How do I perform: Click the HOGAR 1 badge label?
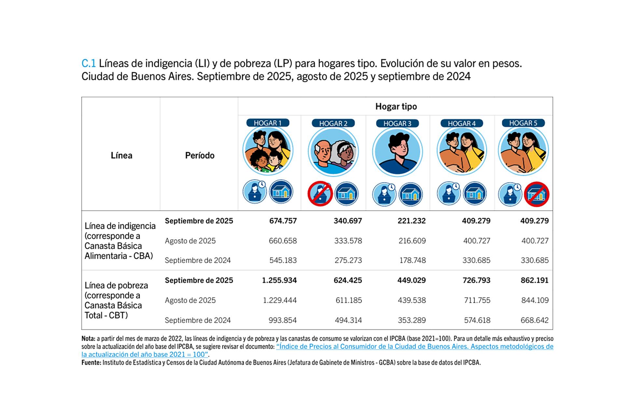pyautogui.click(x=268, y=123)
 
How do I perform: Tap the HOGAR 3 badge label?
pyautogui.click(x=397, y=123)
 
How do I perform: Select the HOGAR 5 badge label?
pyautogui.click(x=523, y=123)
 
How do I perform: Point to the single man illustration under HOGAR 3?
pyautogui.click(x=397, y=152)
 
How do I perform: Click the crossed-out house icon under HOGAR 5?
pyautogui.click(x=536, y=194)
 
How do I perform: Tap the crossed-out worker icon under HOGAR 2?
pyautogui.click(x=320, y=194)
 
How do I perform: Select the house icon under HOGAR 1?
pyautogui.click(x=281, y=192)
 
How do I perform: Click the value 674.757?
pyautogui.click(x=283, y=221)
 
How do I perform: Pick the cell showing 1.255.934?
pyautogui.click(x=279, y=280)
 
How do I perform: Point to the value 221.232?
pyautogui.click(x=411, y=221)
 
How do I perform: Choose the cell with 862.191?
pyautogui.click(x=534, y=280)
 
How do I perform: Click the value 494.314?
pyautogui.click(x=348, y=320)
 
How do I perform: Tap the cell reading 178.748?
pyautogui.click(x=412, y=260)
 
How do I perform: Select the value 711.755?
pyautogui.click(x=477, y=300)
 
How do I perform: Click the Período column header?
pyautogui.click(x=200, y=156)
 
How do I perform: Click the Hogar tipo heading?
pyautogui.click(x=396, y=106)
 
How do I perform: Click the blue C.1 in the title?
pyautogui.click(x=89, y=63)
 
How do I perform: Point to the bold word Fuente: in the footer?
pyautogui.click(x=91, y=363)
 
